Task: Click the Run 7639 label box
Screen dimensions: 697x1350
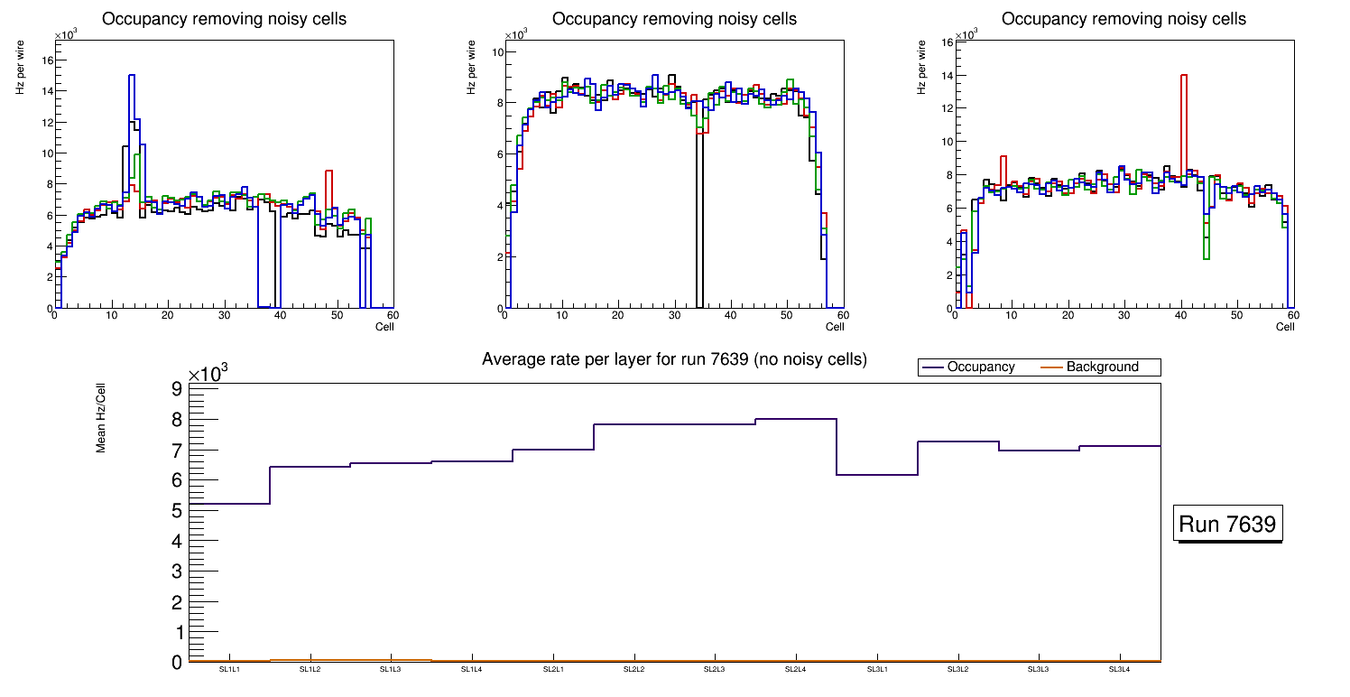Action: [1228, 525]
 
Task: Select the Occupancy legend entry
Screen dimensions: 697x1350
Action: [981, 367]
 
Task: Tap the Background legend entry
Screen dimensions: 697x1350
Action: [1102, 367]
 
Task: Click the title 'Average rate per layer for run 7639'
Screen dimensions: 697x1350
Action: [674, 359]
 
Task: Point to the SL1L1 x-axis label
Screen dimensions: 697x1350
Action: [229, 670]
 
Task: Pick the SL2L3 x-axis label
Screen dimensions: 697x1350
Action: [715, 670]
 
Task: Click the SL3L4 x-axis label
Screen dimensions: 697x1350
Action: [1119, 670]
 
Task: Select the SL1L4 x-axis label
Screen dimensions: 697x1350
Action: [472, 670]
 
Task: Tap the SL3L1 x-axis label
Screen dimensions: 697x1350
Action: [876, 670]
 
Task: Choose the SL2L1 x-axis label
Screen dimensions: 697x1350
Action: [553, 670]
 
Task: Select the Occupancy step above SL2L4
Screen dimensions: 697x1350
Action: [796, 419]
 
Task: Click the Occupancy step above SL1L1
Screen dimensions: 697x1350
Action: [229, 504]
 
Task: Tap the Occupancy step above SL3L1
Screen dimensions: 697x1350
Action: [876, 475]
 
